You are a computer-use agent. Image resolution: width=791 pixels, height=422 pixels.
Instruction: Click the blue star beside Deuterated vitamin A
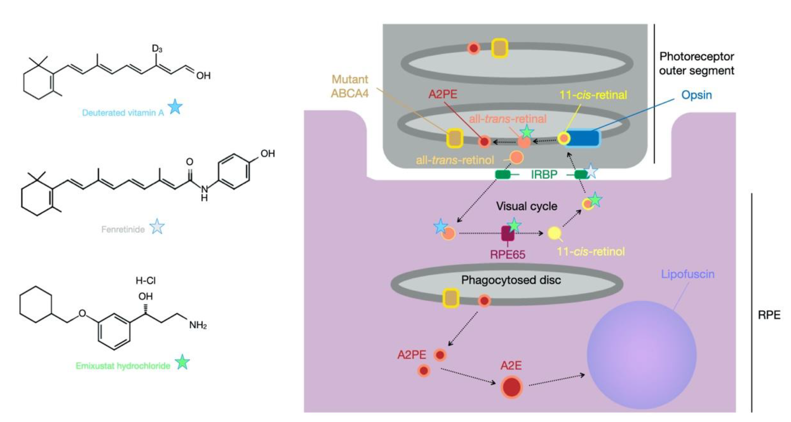coord(176,107)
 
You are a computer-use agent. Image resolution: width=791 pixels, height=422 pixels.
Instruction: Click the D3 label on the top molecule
coord(157,49)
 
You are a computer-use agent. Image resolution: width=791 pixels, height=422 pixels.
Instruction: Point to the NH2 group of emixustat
coord(197,325)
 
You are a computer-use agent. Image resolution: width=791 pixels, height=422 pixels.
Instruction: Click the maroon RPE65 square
coord(508,233)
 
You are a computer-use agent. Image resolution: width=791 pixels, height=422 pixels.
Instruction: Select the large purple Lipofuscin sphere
coord(642,355)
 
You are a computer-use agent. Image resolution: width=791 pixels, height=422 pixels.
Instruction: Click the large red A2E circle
coord(511,387)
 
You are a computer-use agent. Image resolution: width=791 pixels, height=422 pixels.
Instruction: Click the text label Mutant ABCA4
coord(349,86)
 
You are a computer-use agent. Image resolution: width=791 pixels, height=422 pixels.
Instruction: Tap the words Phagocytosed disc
coord(511,280)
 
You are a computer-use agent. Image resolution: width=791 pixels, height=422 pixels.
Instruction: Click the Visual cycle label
coord(526,206)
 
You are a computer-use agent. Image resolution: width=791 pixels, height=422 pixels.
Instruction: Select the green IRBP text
coord(544,175)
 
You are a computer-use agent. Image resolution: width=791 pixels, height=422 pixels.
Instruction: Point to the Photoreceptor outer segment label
coord(696,63)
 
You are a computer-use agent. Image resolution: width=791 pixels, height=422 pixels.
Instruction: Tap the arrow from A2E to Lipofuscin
coord(556,380)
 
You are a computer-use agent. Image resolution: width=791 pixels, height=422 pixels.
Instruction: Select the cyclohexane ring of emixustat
coord(36,304)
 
